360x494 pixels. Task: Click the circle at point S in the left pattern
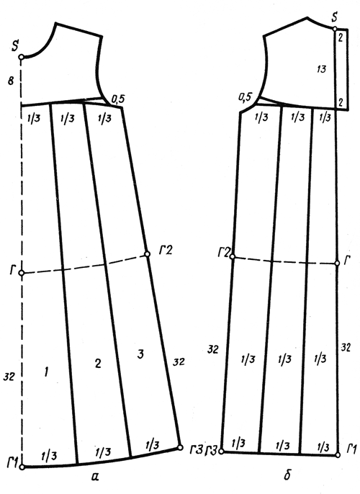pyautogui.click(x=21, y=57)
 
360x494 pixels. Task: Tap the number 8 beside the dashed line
pyautogui.click(x=11, y=81)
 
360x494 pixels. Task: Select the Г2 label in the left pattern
pyautogui.click(x=165, y=251)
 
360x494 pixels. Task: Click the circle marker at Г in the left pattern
pyautogui.click(x=21, y=273)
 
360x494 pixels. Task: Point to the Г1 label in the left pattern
pyautogui.click(x=12, y=462)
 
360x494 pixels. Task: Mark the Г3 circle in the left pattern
pyautogui.click(x=180, y=447)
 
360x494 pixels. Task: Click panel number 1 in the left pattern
pyautogui.click(x=46, y=373)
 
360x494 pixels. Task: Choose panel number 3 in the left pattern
pyautogui.click(x=140, y=354)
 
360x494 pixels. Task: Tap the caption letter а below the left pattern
pyautogui.click(x=95, y=477)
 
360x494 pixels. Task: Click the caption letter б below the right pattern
pyautogui.click(x=287, y=475)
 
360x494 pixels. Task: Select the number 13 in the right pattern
pyautogui.click(x=321, y=69)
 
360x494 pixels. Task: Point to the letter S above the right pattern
pyautogui.click(x=335, y=17)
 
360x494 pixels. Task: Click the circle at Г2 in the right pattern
pyautogui.click(x=233, y=256)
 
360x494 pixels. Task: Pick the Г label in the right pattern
pyautogui.click(x=346, y=261)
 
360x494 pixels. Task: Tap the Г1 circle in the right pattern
pyautogui.click(x=338, y=454)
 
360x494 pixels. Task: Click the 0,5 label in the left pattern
pyautogui.click(x=118, y=99)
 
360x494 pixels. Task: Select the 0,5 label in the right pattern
pyautogui.click(x=246, y=97)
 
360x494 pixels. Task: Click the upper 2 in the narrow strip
pyautogui.click(x=341, y=38)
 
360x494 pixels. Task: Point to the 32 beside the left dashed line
pyautogui.click(x=9, y=376)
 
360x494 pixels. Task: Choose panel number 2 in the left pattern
pyautogui.click(x=98, y=364)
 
